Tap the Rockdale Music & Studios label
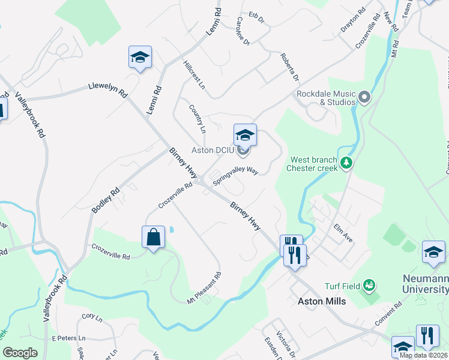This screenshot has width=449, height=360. pyautogui.click(x=326, y=98)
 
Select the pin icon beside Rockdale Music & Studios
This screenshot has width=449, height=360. pyautogui.click(x=364, y=97)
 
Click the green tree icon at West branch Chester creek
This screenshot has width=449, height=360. pyautogui.click(x=346, y=163)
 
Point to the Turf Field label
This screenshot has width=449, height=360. pyautogui.click(x=341, y=286)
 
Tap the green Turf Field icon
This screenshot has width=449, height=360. pyautogui.click(x=369, y=285)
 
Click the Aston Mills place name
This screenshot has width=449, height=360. pyautogui.click(x=322, y=301)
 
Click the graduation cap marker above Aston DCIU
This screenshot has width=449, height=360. pyautogui.click(x=245, y=134)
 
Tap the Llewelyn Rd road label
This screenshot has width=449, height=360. pyautogui.click(x=108, y=89)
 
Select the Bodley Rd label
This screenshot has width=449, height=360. pyautogui.click(x=106, y=200)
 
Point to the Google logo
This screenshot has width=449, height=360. pyautogui.click(x=20, y=353)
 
